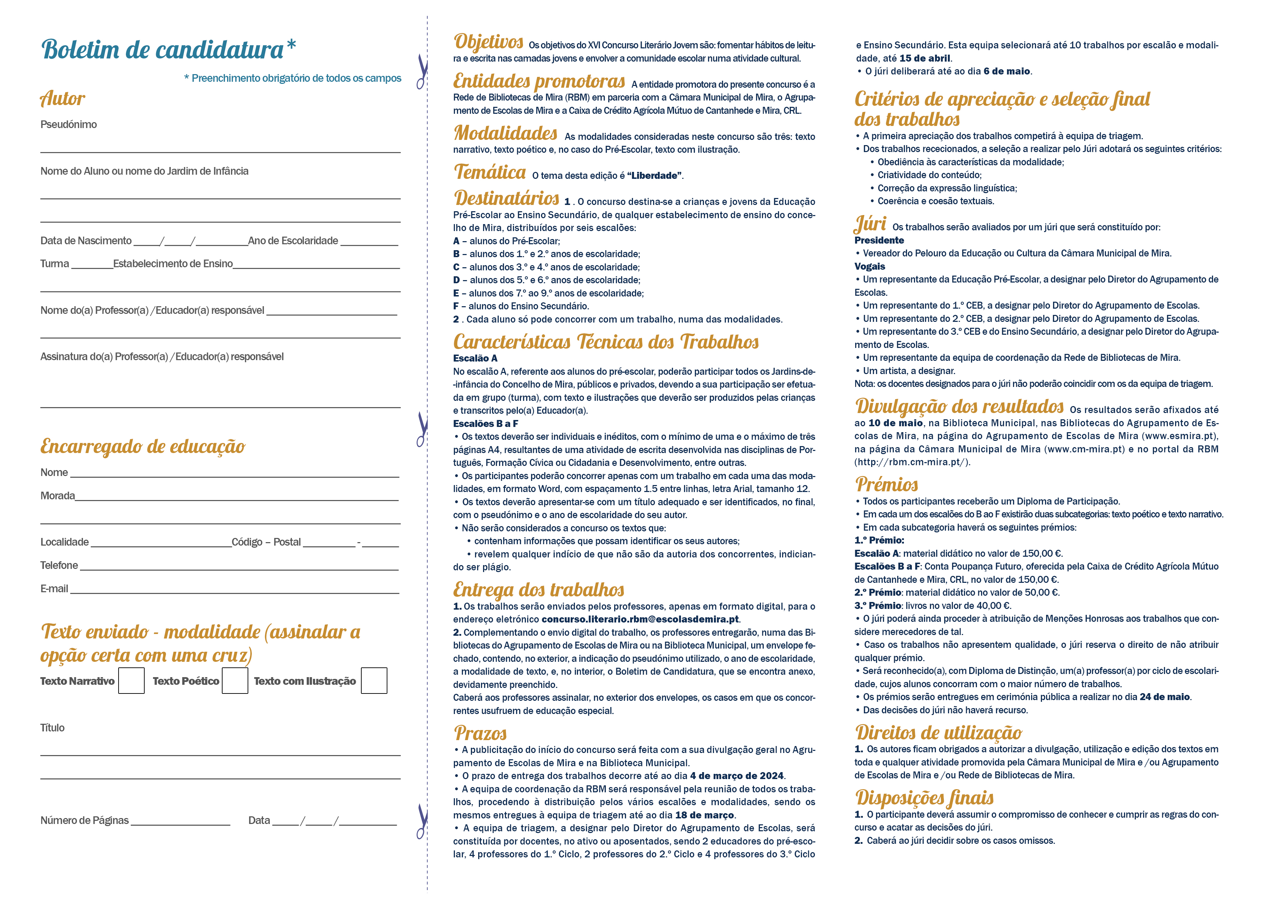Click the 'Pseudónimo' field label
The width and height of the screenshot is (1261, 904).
point(69,125)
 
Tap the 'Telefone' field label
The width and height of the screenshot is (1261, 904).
point(59,565)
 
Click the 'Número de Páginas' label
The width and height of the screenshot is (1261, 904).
point(85,820)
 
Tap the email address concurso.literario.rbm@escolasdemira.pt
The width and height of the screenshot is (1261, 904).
point(640,619)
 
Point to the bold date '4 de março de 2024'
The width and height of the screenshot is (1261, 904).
point(736,776)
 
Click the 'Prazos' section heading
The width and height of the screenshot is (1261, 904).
point(480,733)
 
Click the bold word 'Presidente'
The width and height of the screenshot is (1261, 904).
point(879,240)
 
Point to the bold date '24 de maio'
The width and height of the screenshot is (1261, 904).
point(1164,697)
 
